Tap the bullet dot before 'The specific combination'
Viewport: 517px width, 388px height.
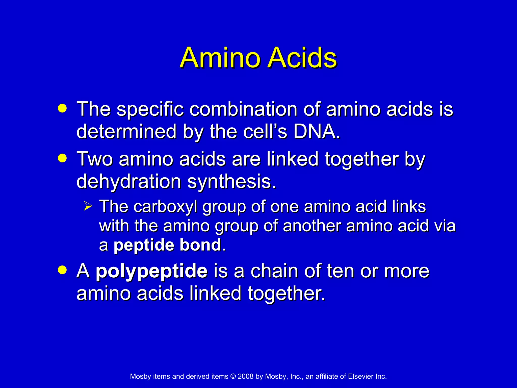coord(62,108)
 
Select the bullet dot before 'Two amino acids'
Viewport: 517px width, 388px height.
coord(62,158)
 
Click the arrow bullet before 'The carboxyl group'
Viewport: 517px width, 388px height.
coord(88,206)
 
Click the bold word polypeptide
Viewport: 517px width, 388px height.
coord(151,271)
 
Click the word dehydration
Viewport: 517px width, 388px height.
coord(129,181)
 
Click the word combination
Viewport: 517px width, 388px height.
coord(243,109)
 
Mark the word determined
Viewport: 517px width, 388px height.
coord(126,131)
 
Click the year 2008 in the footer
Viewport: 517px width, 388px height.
coord(245,376)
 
